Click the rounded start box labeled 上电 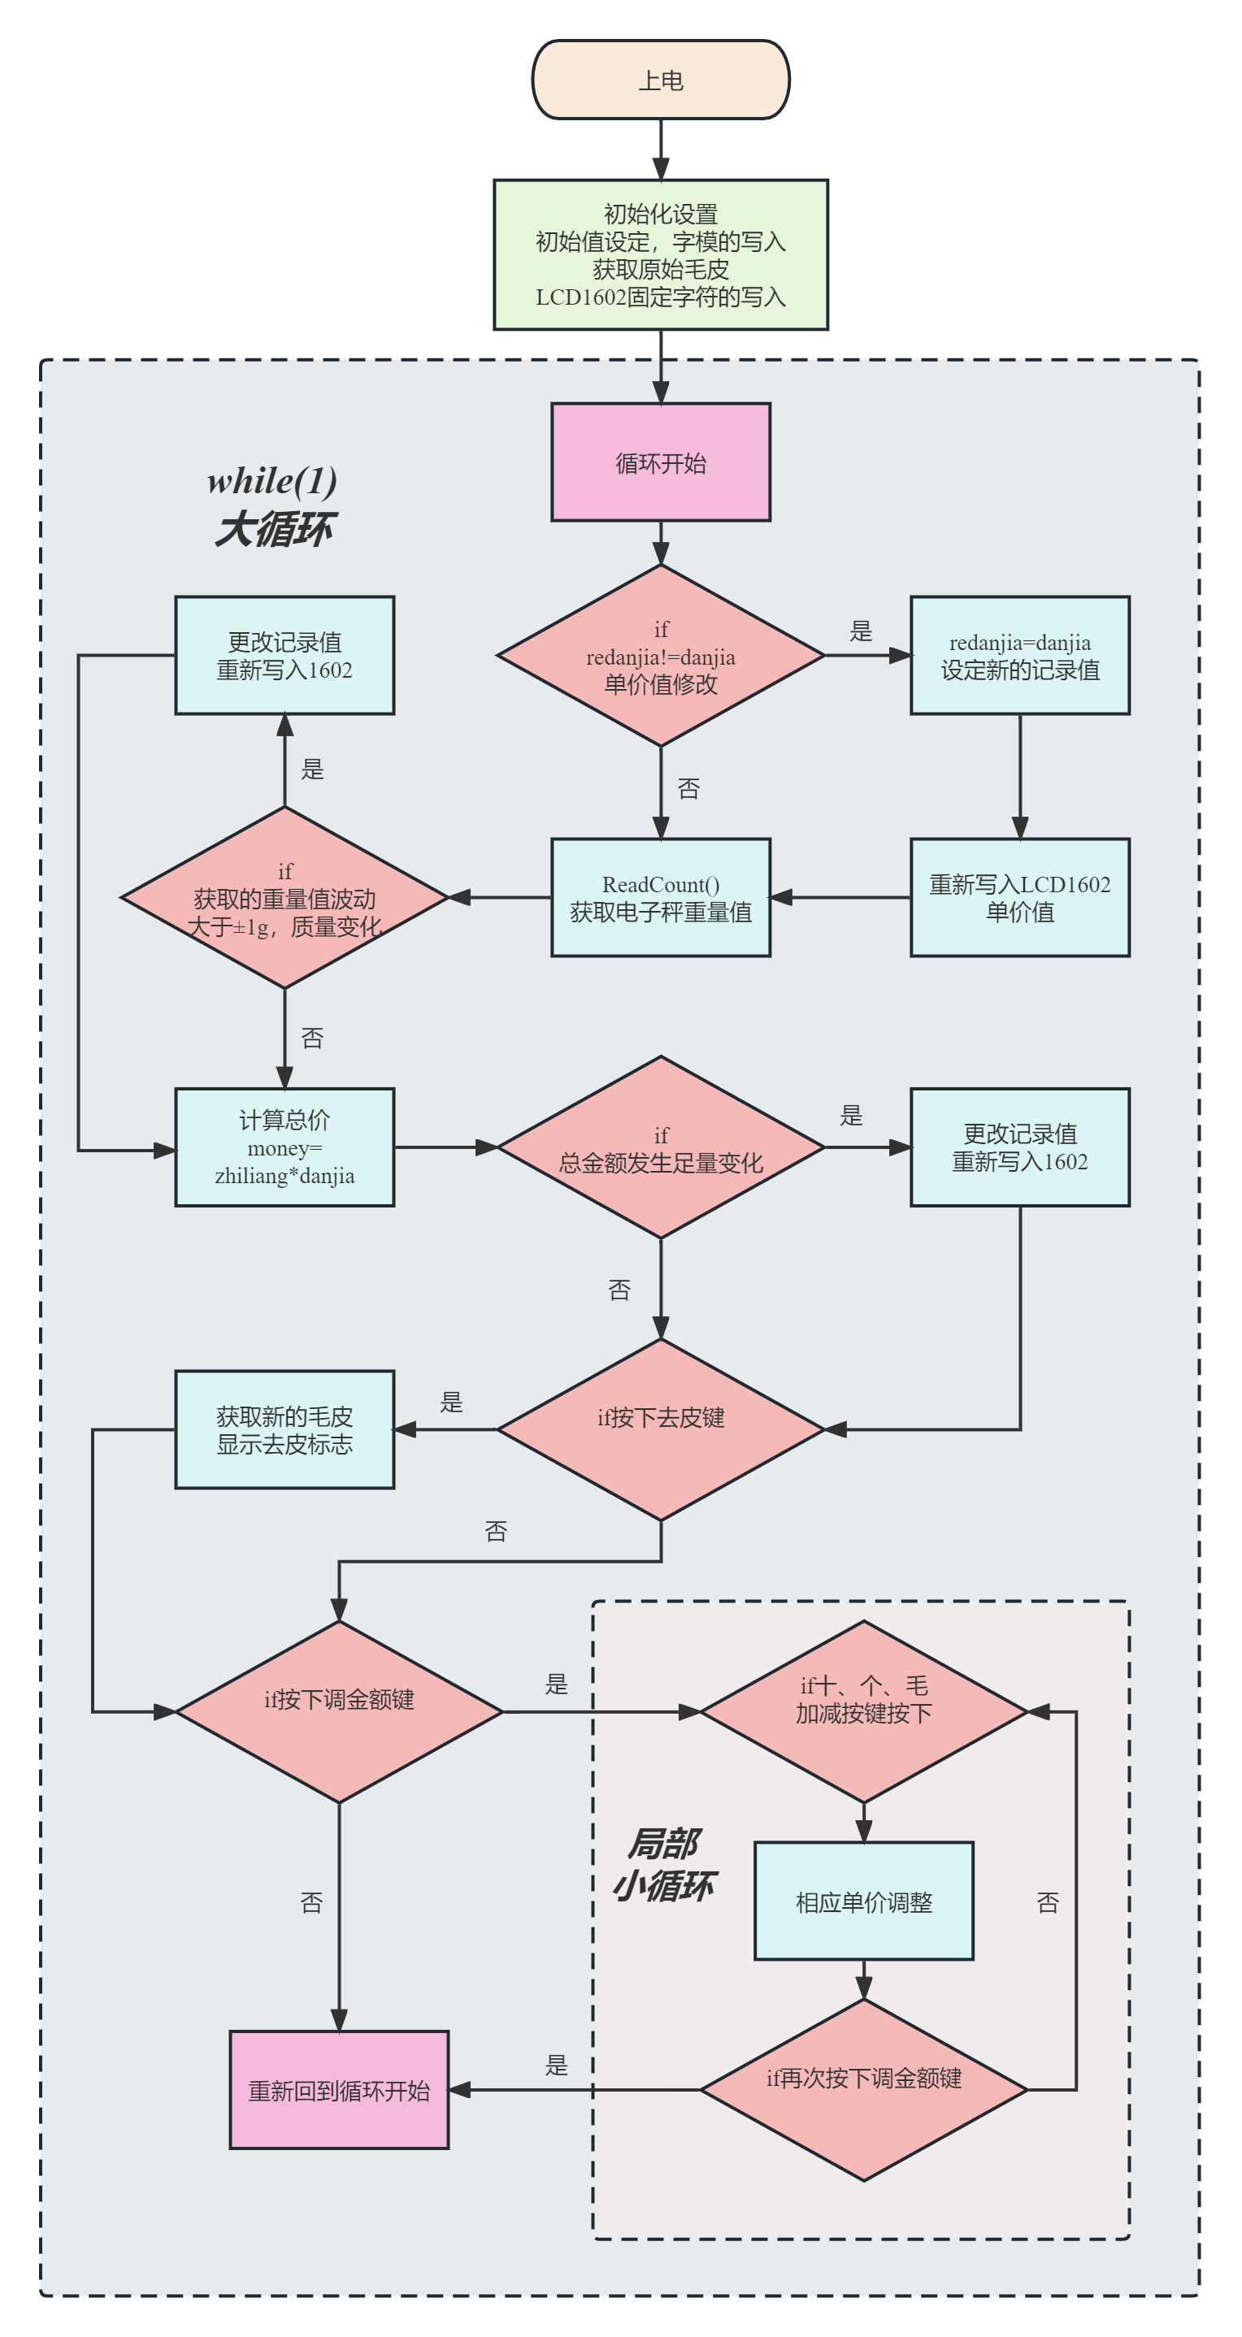click(x=661, y=80)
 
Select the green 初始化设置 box click(x=661, y=255)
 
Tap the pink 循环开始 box click(x=661, y=462)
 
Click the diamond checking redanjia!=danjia click(x=661, y=656)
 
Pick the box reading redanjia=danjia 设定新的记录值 click(x=1020, y=656)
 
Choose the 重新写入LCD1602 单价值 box click(x=1020, y=897)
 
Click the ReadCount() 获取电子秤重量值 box click(x=661, y=897)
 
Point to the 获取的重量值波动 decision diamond click(x=284, y=897)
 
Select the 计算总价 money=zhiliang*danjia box click(x=284, y=1147)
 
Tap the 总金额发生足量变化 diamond click(x=661, y=1147)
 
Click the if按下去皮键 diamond click(x=661, y=1430)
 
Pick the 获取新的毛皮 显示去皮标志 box click(x=284, y=1430)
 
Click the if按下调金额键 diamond click(x=339, y=1712)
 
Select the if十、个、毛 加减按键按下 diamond click(x=864, y=1712)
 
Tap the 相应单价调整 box click(x=864, y=1901)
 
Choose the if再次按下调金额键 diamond click(x=864, y=2090)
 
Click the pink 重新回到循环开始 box click(x=339, y=2090)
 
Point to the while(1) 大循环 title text click(x=273, y=505)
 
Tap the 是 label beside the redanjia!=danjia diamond click(x=861, y=631)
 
